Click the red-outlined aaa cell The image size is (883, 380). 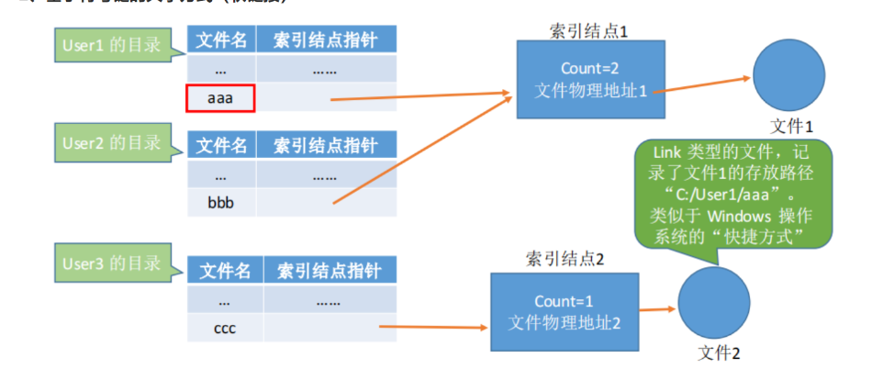pyautogui.click(x=219, y=98)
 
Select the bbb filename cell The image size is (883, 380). pyautogui.click(x=221, y=203)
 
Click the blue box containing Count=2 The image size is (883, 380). pyautogui.click(x=587, y=80)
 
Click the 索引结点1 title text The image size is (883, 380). pyautogui.click(x=587, y=30)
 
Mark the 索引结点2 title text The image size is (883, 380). pyautogui.click(x=564, y=259)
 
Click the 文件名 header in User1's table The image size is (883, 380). pyautogui.click(x=219, y=39)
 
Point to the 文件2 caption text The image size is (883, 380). pyautogui.click(x=719, y=352)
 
